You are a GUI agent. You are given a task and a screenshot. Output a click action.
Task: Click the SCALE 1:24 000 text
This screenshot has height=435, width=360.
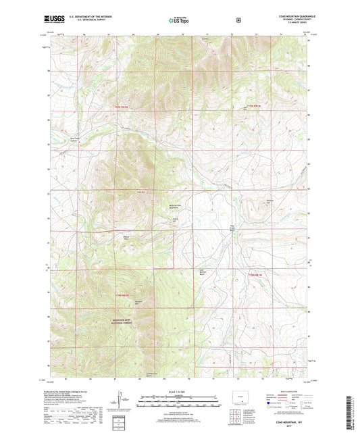pos(177,392)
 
